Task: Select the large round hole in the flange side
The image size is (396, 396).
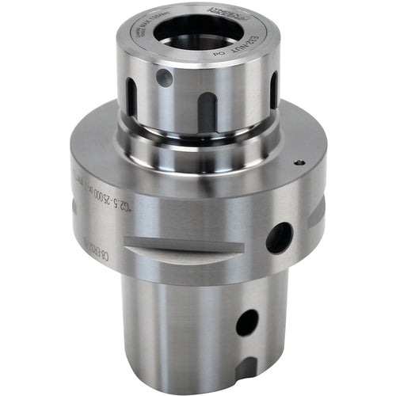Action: coord(279,238)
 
